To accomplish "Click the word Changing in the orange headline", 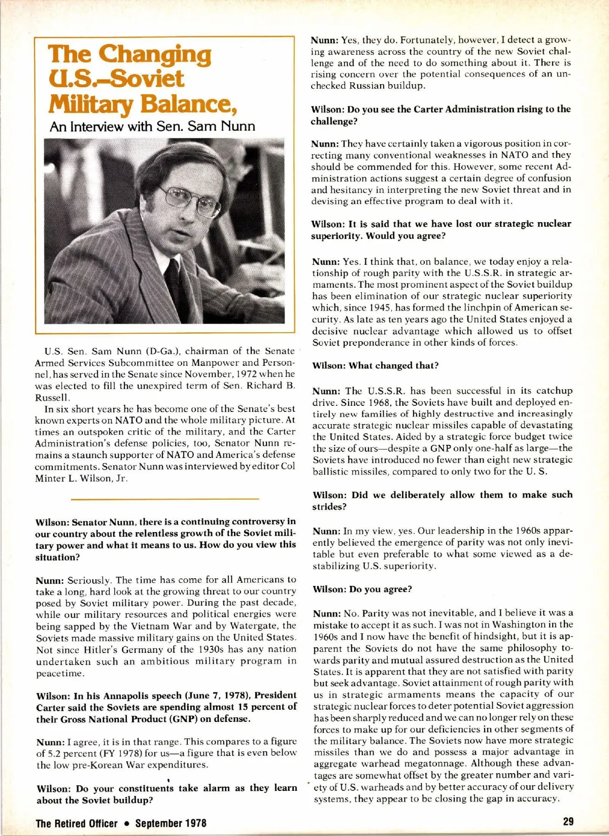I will pos(155,55).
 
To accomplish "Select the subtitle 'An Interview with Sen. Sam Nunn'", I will pos(152,126).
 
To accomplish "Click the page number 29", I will pos(568,821).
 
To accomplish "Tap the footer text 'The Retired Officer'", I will pos(76,823).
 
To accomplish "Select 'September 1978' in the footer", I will pos(171,823).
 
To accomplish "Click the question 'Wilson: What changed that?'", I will pos(376,365).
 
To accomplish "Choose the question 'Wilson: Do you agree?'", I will pos(362,589).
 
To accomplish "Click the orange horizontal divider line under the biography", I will pos(165,499).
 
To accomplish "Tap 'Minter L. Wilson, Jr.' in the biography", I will pos(81,478).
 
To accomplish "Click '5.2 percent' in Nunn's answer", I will pos(72,753).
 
